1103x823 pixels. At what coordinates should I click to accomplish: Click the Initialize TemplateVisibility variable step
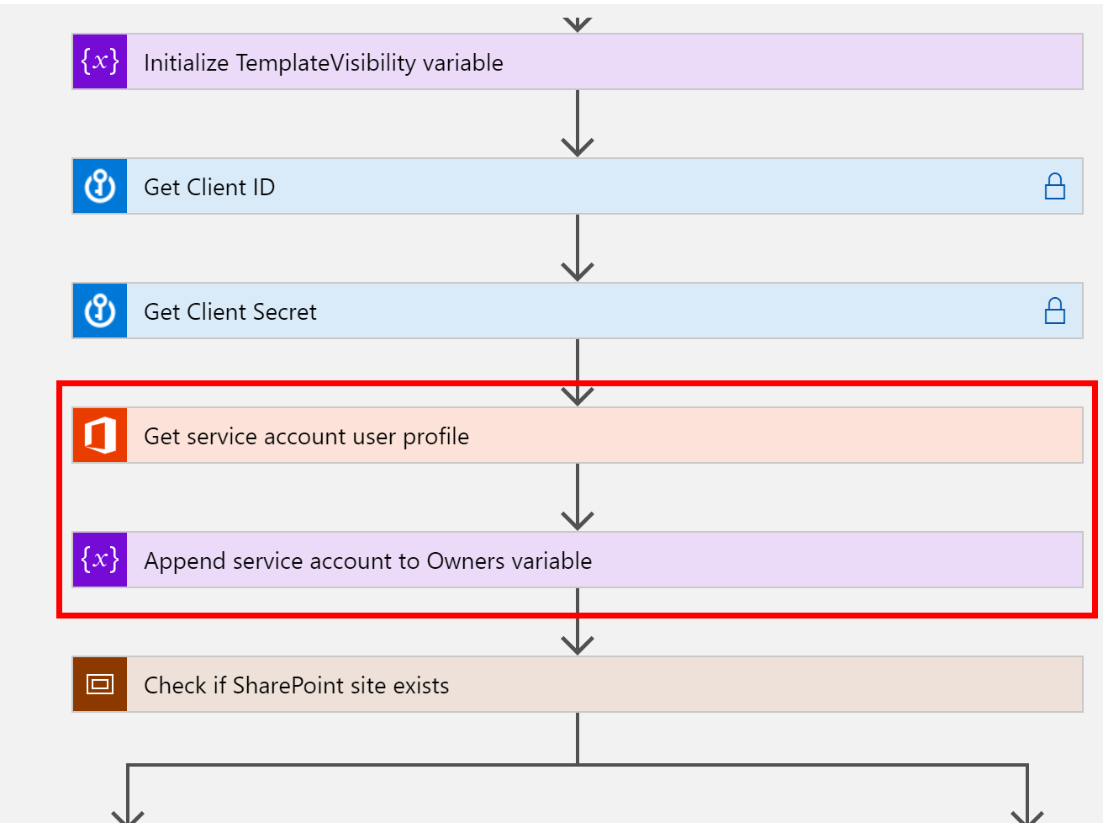tap(324, 63)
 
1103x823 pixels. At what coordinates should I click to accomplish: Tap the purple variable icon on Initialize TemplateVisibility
tap(100, 61)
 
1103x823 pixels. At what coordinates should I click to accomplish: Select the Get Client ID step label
tap(209, 187)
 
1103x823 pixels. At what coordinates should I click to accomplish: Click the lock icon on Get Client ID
tap(1054, 186)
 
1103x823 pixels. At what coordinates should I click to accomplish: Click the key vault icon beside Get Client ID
tap(100, 186)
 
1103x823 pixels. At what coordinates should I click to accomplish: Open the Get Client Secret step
tap(230, 311)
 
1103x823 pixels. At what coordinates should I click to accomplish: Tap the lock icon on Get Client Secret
tap(1054, 311)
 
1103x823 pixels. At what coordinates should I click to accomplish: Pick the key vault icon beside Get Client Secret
tap(100, 311)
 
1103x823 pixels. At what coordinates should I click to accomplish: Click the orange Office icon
tap(100, 435)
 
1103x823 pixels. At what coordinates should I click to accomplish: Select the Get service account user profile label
tap(306, 436)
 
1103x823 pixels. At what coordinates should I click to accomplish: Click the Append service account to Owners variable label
tap(367, 560)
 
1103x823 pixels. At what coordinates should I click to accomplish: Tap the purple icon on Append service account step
tap(100, 560)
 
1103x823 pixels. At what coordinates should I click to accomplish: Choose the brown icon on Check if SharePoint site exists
tap(100, 684)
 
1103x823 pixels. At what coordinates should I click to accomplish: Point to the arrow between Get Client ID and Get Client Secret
tap(578, 249)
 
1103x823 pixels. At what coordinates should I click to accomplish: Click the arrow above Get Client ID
tap(578, 125)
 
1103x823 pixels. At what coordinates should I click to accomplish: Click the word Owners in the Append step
tap(463, 560)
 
